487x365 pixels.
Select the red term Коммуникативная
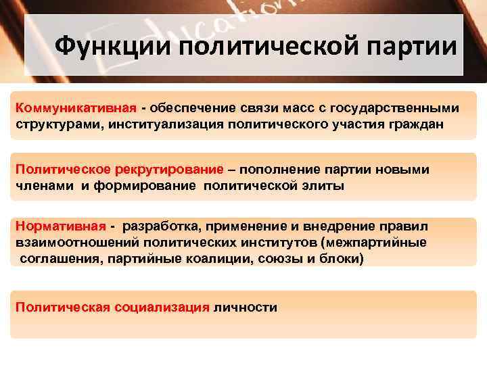tap(76, 108)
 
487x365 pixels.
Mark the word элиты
tap(324, 187)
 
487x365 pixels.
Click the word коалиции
tap(206, 259)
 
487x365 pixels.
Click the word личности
tap(245, 308)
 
